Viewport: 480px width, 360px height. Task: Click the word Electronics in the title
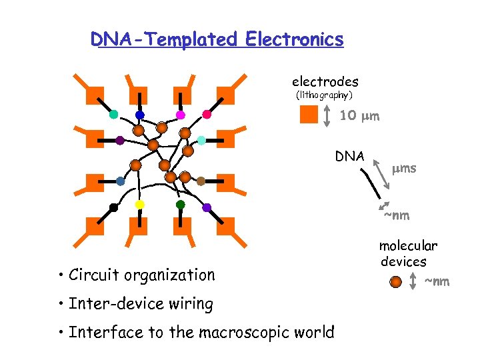[x=294, y=40]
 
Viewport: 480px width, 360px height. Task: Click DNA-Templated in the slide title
[x=165, y=40]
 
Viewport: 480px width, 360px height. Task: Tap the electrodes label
[x=325, y=82]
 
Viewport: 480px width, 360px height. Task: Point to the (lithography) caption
[x=324, y=96]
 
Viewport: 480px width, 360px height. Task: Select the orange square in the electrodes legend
[x=309, y=115]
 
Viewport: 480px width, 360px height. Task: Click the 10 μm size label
[x=359, y=116]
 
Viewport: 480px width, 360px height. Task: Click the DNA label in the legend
[x=349, y=157]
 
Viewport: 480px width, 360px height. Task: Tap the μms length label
[x=404, y=168]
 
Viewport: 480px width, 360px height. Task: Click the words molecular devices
[x=408, y=254]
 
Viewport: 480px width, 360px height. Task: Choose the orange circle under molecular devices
[x=396, y=281]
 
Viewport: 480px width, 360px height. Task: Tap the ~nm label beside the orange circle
[x=437, y=282]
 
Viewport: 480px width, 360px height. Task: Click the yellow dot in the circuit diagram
[x=140, y=204]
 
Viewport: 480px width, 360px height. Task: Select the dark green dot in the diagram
[x=180, y=204]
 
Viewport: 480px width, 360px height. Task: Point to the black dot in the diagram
[x=114, y=208]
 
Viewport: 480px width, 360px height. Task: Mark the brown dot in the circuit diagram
[x=201, y=181]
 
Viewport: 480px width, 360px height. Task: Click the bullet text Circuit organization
[x=141, y=275]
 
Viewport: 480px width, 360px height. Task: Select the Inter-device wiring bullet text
[x=140, y=305]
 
